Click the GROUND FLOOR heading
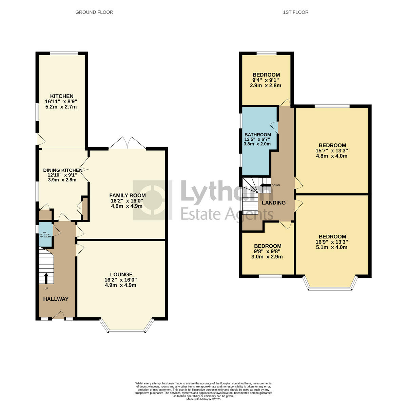94,12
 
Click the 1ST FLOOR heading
295,12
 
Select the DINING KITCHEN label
62,170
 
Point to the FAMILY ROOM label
127,195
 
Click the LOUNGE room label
121,274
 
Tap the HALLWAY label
56,299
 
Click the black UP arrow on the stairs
46,278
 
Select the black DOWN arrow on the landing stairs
265,185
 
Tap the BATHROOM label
257,134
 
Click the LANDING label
273,203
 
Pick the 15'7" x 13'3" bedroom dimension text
332,151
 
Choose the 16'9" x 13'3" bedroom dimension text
332,242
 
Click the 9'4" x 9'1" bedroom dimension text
266,80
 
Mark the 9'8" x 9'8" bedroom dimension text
268,251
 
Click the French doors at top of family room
127,143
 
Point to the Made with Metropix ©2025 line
203,399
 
